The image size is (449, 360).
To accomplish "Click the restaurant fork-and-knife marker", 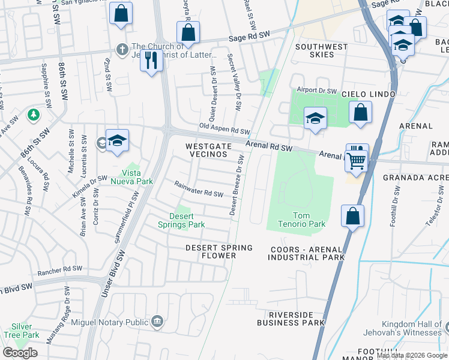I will point(151,60).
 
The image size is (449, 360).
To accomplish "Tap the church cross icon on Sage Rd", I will point(122,49).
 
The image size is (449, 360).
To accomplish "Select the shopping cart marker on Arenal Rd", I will point(357,160).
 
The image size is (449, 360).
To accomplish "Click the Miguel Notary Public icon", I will point(157,322).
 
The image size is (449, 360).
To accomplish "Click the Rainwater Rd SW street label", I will point(199,189).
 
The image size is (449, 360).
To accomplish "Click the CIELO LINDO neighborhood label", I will point(369,94).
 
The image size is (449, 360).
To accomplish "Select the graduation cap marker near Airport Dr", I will point(315,118).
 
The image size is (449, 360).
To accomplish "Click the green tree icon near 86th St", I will point(34,114).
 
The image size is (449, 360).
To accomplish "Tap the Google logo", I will point(20,353).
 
